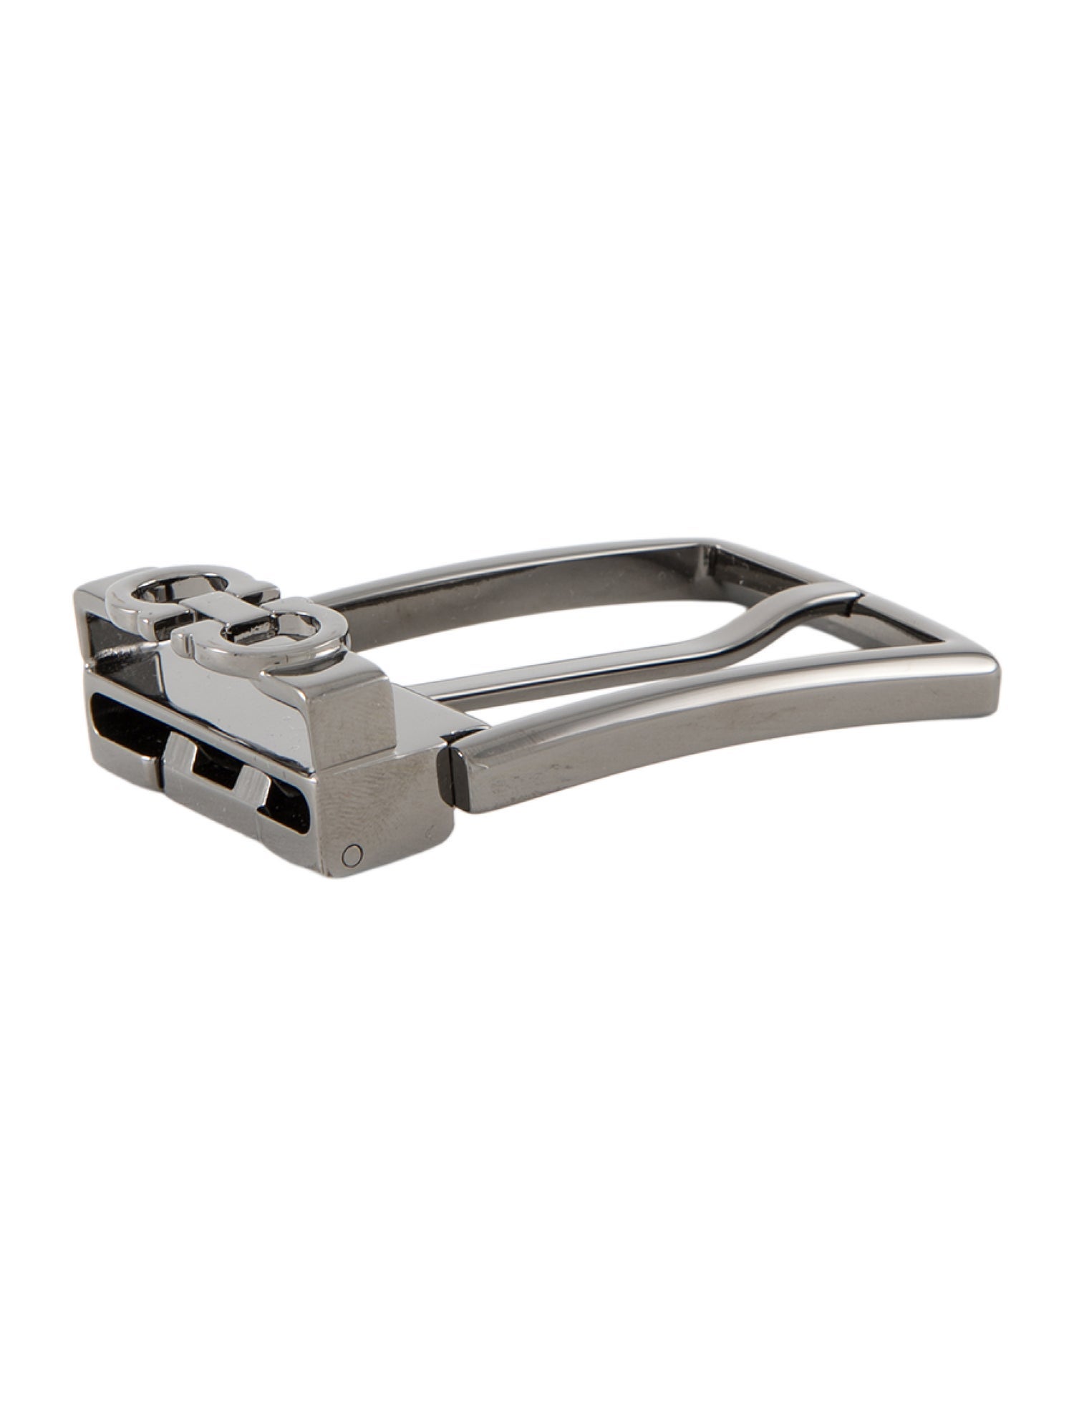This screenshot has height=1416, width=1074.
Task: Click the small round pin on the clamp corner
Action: click(352, 853)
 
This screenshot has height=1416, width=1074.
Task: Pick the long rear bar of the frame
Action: click(501, 580)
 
